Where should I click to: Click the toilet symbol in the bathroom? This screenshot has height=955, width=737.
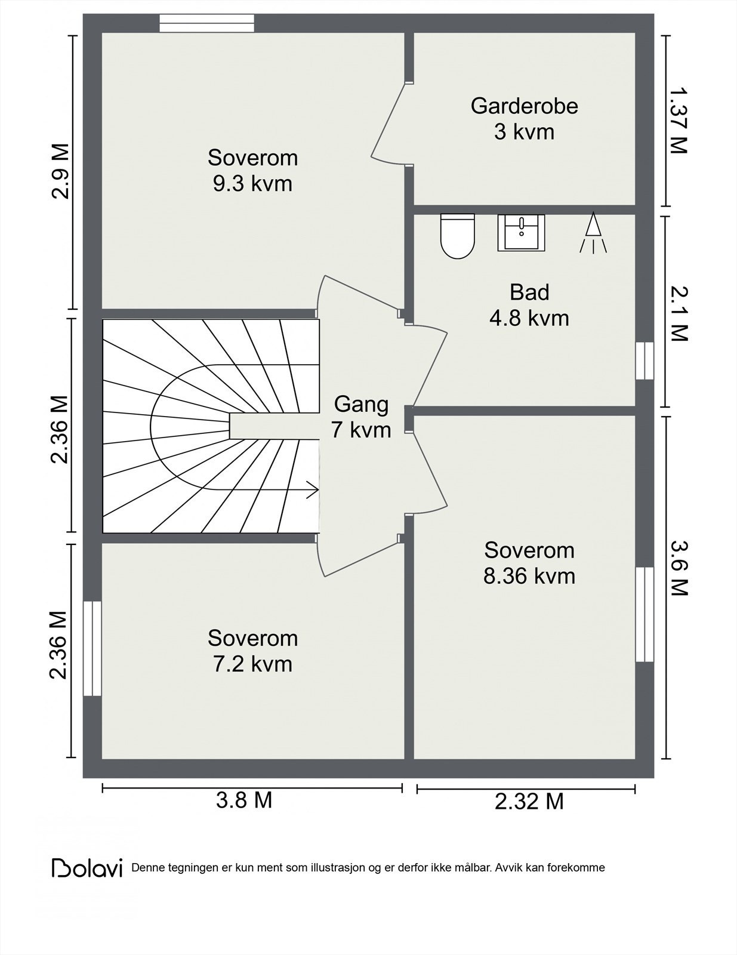pyautogui.click(x=457, y=236)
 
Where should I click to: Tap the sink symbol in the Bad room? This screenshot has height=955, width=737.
pyautogui.click(x=521, y=233)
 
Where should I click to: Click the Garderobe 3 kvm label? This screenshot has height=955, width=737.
pyautogui.click(x=525, y=119)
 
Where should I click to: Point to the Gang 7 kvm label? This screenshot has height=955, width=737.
pyautogui.click(x=362, y=417)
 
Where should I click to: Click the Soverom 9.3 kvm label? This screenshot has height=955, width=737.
pyautogui.click(x=252, y=171)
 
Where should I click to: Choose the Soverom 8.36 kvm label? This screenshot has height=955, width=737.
pyautogui.click(x=529, y=563)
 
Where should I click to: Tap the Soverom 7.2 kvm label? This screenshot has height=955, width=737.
pyautogui.click(x=252, y=651)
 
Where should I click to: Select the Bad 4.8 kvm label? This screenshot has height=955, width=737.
pyautogui.click(x=529, y=305)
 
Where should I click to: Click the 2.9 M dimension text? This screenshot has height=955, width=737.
pyautogui.click(x=60, y=171)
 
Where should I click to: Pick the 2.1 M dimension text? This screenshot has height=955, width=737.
pyautogui.click(x=677, y=313)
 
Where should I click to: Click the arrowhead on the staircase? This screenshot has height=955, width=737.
pyautogui.click(x=313, y=489)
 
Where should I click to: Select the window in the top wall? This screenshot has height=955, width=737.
pyautogui.click(x=206, y=23)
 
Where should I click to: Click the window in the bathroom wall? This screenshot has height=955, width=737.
pyautogui.click(x=645, y=361)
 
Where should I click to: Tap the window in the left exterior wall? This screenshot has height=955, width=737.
pyautogui.click(x=92, y=648)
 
